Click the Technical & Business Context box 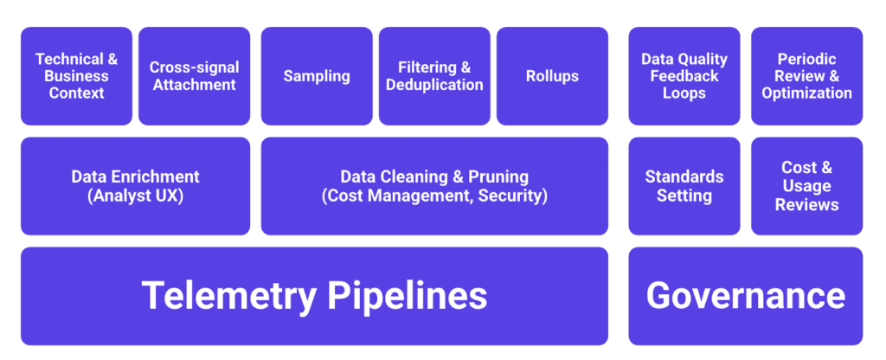pos(77,76)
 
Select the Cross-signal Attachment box pos(194,76)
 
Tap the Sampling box pos(317,76)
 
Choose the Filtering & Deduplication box pos(434,76)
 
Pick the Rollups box pos(552,76)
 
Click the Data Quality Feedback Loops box pos(684,76)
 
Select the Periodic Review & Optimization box pos(806,76)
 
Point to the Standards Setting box pos(684,186)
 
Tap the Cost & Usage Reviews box pos(806,186)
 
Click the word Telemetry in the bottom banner pos(228,296)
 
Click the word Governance pos(745,296)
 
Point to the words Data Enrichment pos(135,177)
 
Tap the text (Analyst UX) pos(135,196)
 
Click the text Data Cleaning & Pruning pos(434,177)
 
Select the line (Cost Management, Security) pos(434,196)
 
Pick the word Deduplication pos(434,85)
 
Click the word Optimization pos(806,93)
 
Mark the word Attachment pos(194,85)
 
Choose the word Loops pos(684,93)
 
